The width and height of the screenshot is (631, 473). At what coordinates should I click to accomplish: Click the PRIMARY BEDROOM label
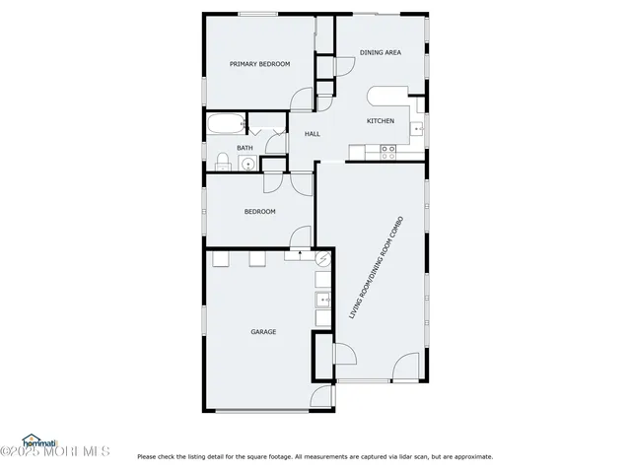pyautogui.click(x=259, y=64)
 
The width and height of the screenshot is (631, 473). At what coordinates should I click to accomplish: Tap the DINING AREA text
pyautogui.click(x=380, y=53)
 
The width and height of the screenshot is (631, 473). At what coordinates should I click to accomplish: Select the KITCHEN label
pyautogui.click(x=381, y=121)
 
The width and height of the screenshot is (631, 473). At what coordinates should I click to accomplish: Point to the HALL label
pyautogui.click(x=312, y=134)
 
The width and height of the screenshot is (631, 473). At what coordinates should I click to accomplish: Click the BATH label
pyautogui.click(x=244, y=148)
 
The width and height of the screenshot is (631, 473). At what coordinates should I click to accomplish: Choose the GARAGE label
pyautogui.click(x=262, y=332)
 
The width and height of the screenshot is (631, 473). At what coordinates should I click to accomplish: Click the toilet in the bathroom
pyautogui.click(x=223, y=162)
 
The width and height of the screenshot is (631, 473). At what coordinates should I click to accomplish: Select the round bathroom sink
pyautogui.click(x=247, y=164)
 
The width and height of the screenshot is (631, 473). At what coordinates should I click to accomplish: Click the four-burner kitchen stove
pyautogui.click(x=388, y=151)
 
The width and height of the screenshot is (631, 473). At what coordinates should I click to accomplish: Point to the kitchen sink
pyautogui.click(x=419, y=128)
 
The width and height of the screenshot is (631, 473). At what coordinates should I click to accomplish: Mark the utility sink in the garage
pyautogui.click(x=321, y=300)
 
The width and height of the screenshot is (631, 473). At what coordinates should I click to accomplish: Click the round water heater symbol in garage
pyautogui.click(x=324, y=257)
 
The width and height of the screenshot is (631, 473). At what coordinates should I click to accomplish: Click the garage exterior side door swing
pyautogui.click(x=321, y=396)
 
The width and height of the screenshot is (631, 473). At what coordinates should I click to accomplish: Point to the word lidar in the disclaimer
pyautogui.click(x=405, y=456)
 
